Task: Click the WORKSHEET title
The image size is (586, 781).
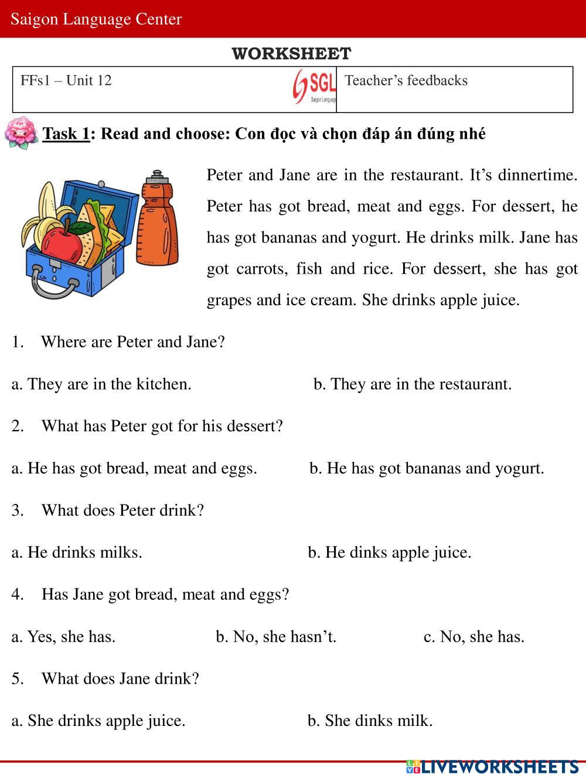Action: pyautogui.click(x=291, y=54)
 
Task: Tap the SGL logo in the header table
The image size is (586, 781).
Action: pyautogui.click(x=315, y=87)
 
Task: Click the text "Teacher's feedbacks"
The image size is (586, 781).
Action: pyautogui.click(x=406, y=80)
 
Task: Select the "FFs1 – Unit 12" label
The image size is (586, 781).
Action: pyautogui.click(x=66, y=80)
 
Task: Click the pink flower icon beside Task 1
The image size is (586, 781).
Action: pyautogui.click(x=21, y=133)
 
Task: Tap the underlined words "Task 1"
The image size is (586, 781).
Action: pyautogui.click(x=66, y=134)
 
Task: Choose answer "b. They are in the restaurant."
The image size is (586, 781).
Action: pyautogui.click(x=413, y=384)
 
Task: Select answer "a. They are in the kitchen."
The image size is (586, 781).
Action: pyautogui.click(x=101, y=384)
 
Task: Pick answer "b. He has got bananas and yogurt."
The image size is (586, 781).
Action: pyautogui.click(x=427, y=468)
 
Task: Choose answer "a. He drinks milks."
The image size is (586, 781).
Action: pyautogui.click(x=77, y=552)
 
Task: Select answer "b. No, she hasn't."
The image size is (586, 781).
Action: pyautogui.click(x=276, y=636)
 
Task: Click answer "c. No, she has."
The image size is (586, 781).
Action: pyautogui.click(x=473, y=636)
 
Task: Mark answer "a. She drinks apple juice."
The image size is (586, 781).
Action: pyautogui.click(x=98, y=720)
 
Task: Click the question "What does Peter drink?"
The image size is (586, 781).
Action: pyautogui.click(x=122, y=510)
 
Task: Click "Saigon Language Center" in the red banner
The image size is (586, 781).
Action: pyautogui.click(x=96, y=19)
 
